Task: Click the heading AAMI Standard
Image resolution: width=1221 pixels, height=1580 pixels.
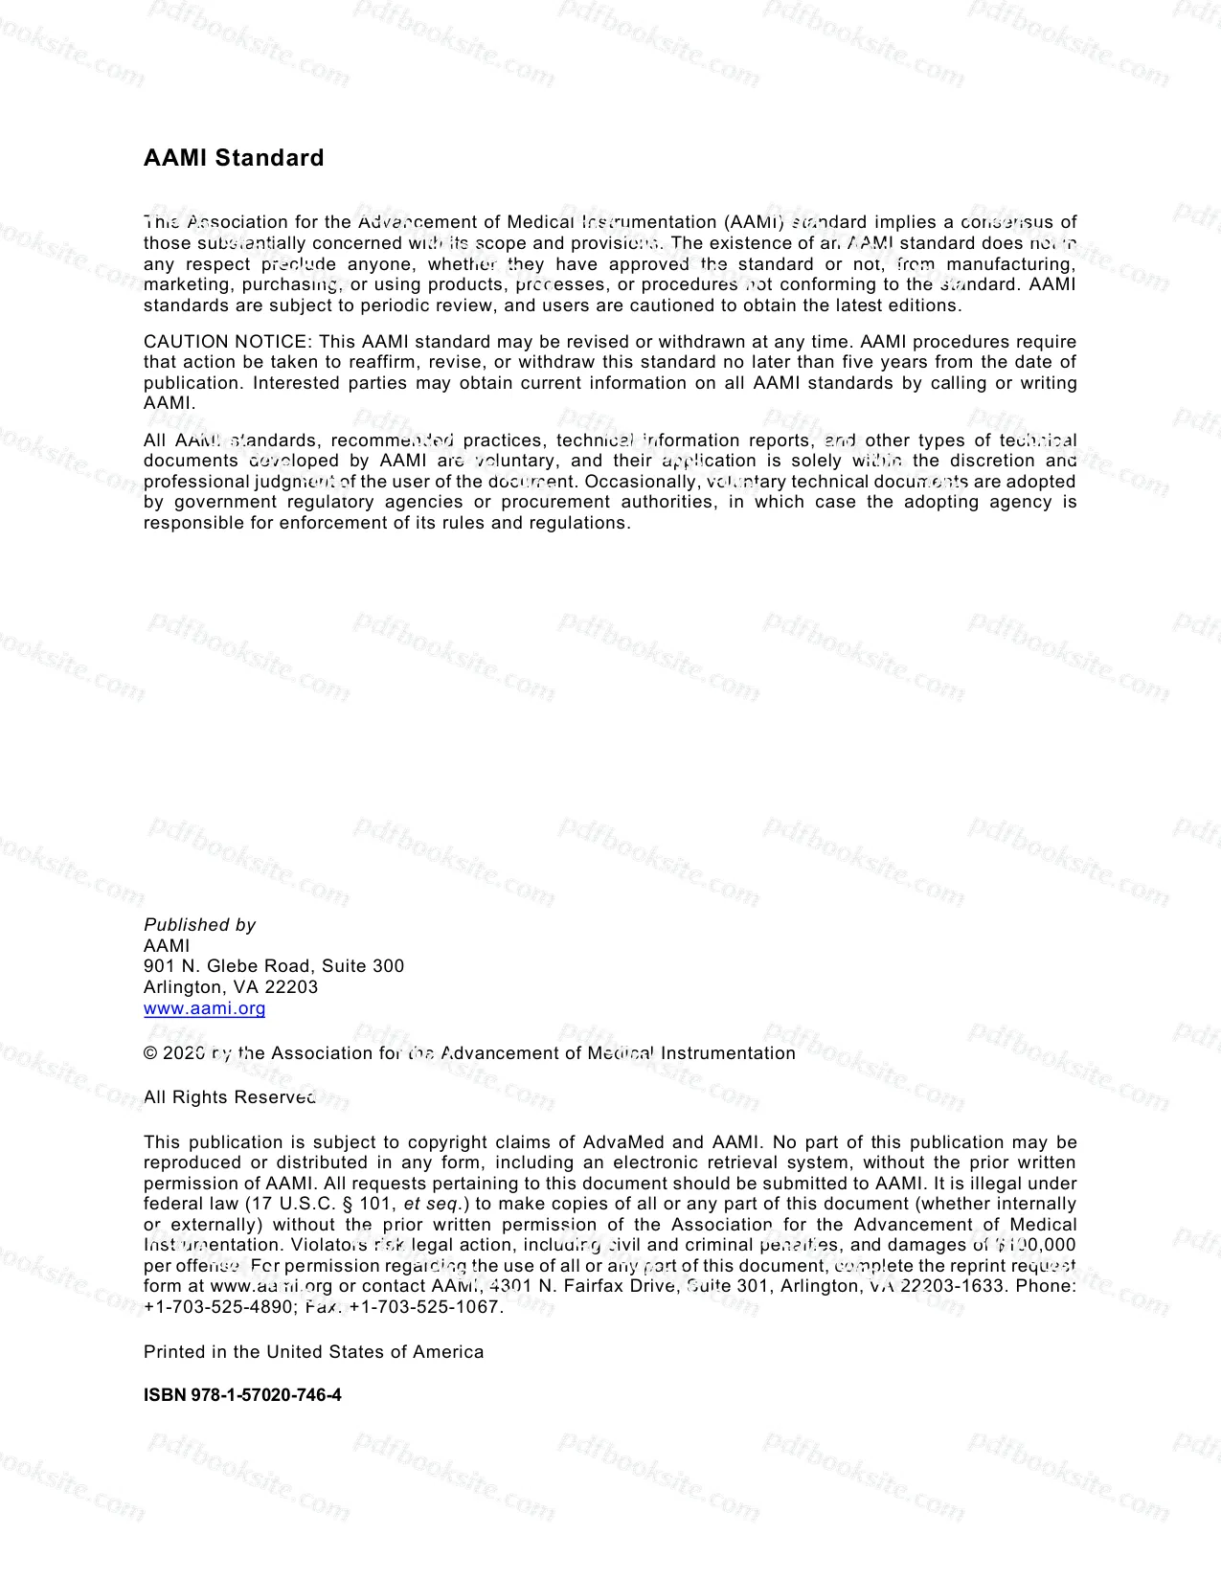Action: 234,158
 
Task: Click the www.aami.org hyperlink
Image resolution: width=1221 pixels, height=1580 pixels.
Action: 204,1008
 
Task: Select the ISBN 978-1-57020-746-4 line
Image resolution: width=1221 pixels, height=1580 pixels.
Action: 242,1395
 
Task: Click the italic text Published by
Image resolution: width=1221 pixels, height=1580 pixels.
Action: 199,925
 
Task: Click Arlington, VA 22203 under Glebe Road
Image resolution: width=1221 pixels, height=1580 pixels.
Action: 231,987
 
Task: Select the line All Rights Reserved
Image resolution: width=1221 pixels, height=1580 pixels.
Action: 230,1097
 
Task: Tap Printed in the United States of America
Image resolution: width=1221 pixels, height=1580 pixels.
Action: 313,1352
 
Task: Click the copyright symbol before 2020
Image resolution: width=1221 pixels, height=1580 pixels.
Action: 150,1053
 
